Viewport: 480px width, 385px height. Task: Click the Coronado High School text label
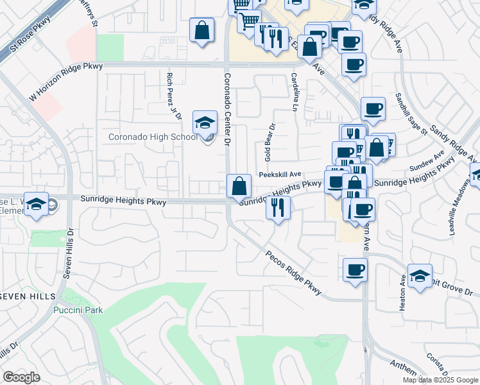(153, 137)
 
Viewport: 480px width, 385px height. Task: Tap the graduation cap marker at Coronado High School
(205, 122)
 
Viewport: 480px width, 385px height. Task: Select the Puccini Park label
(78, 310)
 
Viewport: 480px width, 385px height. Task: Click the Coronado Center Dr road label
(227, 109)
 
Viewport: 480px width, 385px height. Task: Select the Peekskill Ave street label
(280, 174)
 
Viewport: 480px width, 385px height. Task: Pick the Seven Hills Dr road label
(69, 253)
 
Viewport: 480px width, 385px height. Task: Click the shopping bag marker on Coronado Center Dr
(239, 187)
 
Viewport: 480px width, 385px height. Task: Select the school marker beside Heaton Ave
(419, 276)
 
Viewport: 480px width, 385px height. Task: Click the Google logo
(21, 377)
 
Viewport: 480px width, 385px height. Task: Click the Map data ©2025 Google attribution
(440, 380)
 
